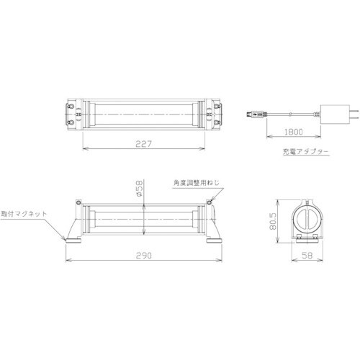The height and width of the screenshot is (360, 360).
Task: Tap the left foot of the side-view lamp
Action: point(74,238)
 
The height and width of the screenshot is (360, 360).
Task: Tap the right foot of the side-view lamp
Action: point(214,238)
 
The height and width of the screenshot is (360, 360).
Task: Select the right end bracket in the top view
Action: point(214,114)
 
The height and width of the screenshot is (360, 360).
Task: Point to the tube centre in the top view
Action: point(144,114)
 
